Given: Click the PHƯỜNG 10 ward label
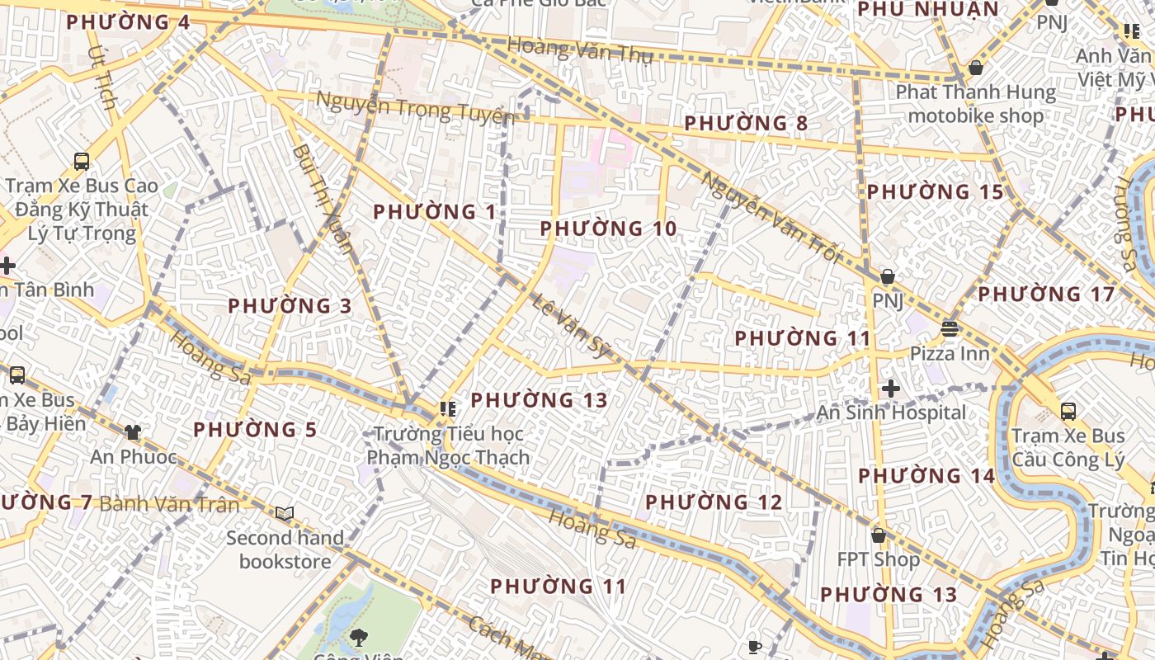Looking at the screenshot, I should pos(608,229).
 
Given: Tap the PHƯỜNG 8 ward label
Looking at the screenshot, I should pos(746,124).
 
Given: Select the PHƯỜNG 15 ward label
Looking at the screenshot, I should pos(935,192).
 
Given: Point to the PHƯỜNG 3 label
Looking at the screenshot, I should pos(290,306).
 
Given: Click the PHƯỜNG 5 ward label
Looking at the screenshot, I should pos(255,430).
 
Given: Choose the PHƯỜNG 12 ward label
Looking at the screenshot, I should pos(713,502).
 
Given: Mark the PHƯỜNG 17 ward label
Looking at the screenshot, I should pos(1046,295).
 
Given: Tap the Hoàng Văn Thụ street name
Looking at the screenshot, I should pos(580,50).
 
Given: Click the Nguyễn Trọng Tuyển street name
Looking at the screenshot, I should pos(415,108).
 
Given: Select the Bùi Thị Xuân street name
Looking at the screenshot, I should pos(323,198).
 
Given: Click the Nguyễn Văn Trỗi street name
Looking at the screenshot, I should pos(771,217).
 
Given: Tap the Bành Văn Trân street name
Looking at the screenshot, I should pos(169,504).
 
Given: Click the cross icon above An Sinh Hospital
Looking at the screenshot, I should pos(890,388).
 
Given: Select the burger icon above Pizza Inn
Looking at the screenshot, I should pos(949,329).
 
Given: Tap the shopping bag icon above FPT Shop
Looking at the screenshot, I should pos(879,535).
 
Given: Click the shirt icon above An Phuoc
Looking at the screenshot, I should pos(133,431).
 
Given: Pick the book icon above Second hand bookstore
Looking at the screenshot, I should pos(285,514).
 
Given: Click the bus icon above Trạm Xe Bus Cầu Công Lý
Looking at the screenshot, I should pos(1068,411).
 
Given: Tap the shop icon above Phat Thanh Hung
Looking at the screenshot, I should pos(976,68).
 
